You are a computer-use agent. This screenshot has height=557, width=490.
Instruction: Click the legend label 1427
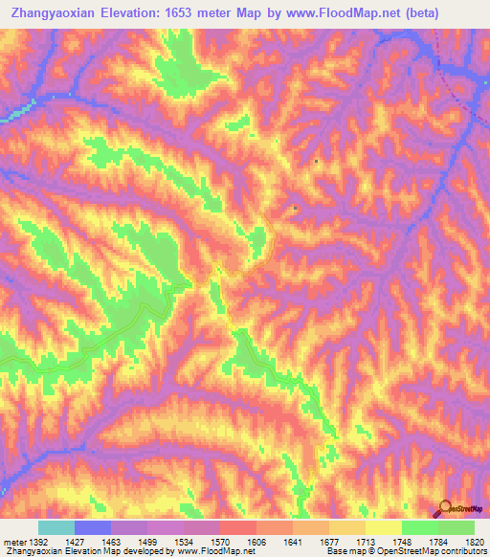(75, 542)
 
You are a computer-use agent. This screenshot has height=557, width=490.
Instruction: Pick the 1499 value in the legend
(147, 542)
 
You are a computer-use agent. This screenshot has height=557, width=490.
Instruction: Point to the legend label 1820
(473, 542)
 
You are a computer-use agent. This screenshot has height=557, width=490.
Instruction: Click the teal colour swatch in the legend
(56, 527)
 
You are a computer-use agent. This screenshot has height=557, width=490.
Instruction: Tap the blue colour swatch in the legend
(93, 527)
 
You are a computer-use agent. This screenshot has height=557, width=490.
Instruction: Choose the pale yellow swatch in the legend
(384, 527)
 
